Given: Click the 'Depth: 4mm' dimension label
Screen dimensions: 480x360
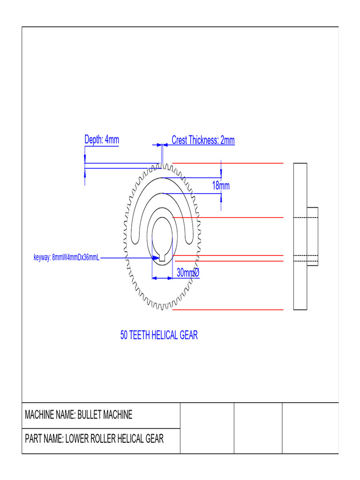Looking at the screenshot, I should (101, 140).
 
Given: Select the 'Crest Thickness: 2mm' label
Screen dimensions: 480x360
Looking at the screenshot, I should (203, 140).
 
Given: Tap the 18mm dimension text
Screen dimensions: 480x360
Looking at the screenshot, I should (221, 186).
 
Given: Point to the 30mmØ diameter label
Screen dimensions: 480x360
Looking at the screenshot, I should (188, 272).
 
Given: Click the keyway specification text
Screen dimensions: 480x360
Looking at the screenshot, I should (67, 257).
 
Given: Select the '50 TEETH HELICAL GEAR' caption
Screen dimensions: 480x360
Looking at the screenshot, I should (159, 335).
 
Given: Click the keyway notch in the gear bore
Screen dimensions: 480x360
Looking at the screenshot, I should (161, 257).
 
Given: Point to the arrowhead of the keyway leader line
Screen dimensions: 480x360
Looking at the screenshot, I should (154, 257).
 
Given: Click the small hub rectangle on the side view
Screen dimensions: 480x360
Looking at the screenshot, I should (313, 236).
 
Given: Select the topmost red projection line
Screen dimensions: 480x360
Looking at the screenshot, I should (228, 163).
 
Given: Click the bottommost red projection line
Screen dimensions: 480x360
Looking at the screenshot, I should (228, 309).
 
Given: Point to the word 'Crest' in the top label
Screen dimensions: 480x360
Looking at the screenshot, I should (180, 140).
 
